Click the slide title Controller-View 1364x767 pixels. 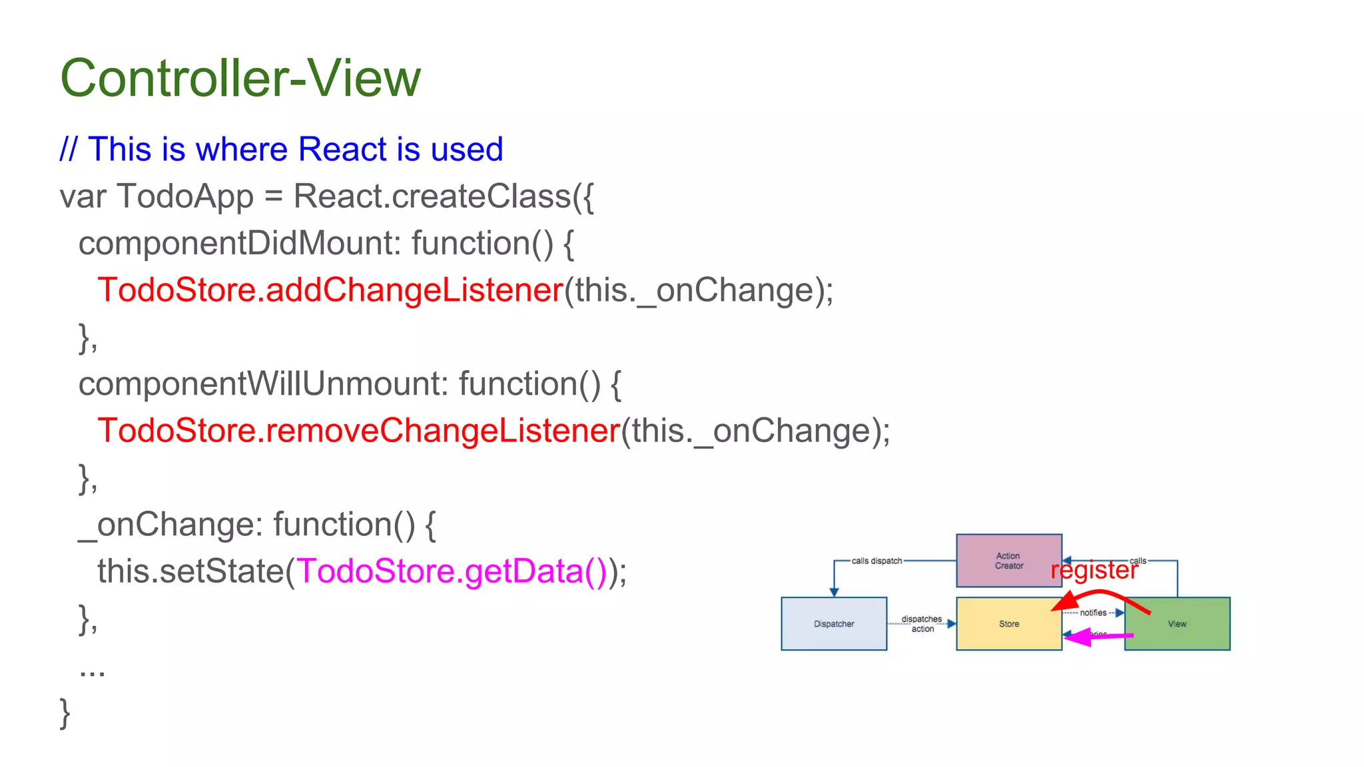click(x=240, y=78)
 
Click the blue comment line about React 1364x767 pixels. click(x=281, y=149)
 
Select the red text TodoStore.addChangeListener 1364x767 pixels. click(x=330, y=290)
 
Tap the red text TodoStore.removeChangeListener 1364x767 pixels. click(x=358, y=431)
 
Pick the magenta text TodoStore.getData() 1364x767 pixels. click(x=452, y=571)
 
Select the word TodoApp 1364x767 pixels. click(x=185, y=196)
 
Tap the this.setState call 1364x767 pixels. click(x=190, y=571)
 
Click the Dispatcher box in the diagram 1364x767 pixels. click(x=834, y=624)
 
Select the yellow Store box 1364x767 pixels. click(x=1008, y=624)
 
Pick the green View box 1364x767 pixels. click(x=1177, y=624)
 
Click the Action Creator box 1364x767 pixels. click(x=1008, y=561)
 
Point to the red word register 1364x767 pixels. click(x=1094, y=571)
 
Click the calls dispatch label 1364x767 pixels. click(x=876, y=561)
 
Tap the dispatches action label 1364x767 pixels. click(x=922, y=624)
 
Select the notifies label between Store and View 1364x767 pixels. click(x=1093, y=613)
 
